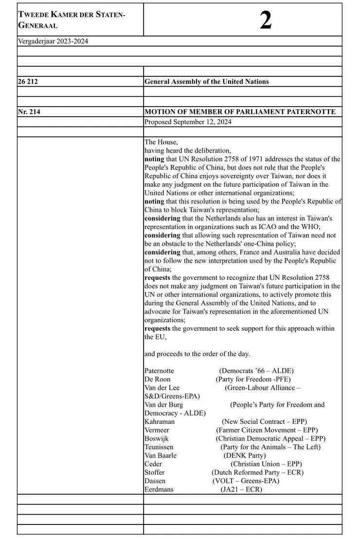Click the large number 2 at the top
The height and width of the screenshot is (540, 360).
(266, 20)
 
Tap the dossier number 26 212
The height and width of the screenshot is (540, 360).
(28, 82)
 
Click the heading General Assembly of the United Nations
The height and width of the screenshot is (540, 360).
(206, 82)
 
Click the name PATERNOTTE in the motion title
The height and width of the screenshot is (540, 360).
(311, 112)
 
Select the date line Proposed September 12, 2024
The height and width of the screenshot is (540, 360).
(188, 122)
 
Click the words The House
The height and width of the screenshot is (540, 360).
(161, 142)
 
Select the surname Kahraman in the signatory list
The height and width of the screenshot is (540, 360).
(160, 421)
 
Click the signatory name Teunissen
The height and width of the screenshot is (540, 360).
(159, 447)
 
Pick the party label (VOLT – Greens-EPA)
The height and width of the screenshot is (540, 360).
(246, 481)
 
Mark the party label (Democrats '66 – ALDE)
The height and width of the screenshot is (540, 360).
(256, 371)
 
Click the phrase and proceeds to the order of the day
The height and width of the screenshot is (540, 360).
(197, 354)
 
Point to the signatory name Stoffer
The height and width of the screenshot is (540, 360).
(154, 472)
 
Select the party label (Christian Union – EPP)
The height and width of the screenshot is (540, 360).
(266, 464)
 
